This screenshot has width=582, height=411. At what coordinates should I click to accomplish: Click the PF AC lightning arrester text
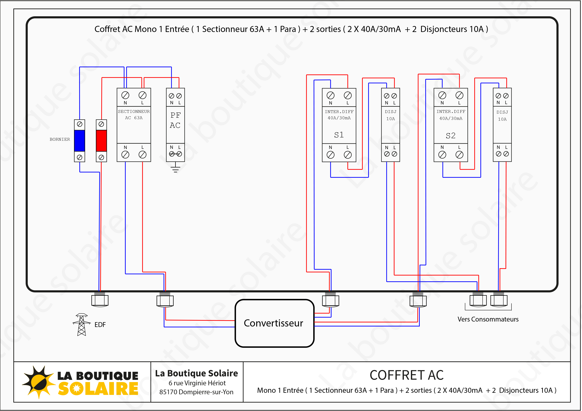(x=175, y=120)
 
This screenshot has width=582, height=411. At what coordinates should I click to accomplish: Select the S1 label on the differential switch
(x=339, y=135)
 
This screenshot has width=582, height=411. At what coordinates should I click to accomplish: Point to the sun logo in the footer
(x=38, y=382)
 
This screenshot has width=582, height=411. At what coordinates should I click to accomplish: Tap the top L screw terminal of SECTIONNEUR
(x=143, y=95)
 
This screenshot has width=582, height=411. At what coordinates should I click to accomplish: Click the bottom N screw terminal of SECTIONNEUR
(x=125, y=154)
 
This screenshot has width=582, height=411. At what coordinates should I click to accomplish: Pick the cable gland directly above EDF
(x=100, y=300)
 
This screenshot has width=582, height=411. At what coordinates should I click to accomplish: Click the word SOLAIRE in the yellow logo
(x=98, y=389)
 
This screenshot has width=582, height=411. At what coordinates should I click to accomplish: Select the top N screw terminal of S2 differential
(x=442, y=95)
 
